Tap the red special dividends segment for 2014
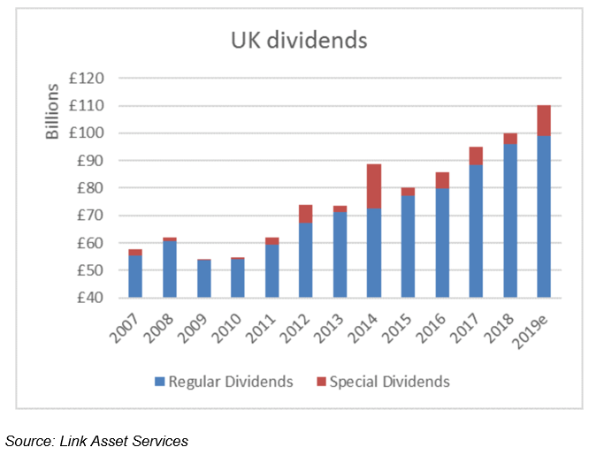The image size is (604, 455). [372, 186]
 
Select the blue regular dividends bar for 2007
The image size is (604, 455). [134, 276]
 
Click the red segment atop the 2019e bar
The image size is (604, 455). [543, 120]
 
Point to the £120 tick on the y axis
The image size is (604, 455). [86, 79]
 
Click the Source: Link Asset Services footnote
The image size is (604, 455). [96, 440]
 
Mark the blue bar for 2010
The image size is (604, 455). [236, 277]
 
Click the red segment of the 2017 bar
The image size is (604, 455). [475, 155]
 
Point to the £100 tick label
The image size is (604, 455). [86, 133]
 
